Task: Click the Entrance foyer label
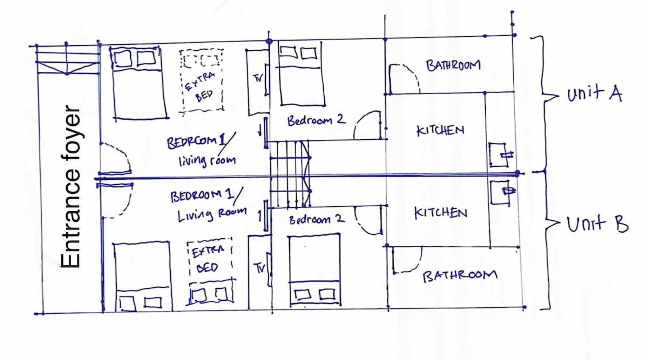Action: (x=71, y=187)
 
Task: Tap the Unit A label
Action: (x=594, y=94)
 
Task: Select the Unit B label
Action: (x=597, y=224)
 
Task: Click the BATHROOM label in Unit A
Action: (x=453, y=66)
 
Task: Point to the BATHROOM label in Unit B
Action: (x=460, y=276)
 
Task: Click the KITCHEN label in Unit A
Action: (x=440, y=130)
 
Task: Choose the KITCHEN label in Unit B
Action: (x=441, y=213)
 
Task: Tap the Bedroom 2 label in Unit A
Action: (x=316, y=120)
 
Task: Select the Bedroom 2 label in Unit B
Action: (x=317, y=219)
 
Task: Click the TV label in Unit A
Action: (x=258, y=78)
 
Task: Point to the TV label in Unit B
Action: (x=260, y=268)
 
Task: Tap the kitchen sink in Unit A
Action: (x=501, y=155)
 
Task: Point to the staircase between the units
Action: (x=290, y=174)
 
